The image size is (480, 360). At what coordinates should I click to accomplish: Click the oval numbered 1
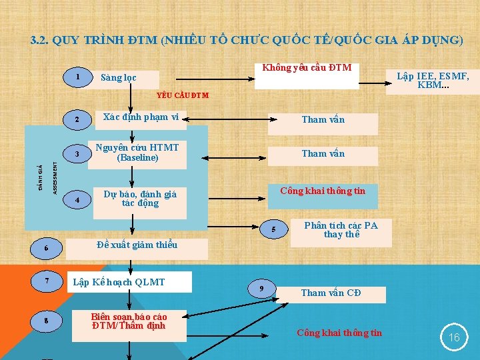click(x=78, y=77)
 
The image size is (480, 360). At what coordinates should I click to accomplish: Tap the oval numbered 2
click(x=78, y=120)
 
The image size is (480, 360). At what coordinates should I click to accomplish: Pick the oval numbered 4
click(x=78, y=200)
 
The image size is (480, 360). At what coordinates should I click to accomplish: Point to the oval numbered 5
click(x=273, y=231)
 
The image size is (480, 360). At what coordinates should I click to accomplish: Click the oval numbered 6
click(x=46, y=249)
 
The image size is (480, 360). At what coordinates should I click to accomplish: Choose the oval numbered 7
click(x=47, y=281)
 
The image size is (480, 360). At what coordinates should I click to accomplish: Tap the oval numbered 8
click(x=46, y=321)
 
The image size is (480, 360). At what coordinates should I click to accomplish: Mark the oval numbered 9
click(x=261, y=288)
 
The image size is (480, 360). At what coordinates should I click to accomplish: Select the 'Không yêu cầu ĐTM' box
click(x=307, y=75)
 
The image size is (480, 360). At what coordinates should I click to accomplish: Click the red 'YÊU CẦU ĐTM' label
click(x=182, y=95)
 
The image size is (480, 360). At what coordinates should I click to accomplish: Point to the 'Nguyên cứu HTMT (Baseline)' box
click(x=137, y=153)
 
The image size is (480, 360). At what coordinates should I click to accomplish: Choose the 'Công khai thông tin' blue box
click(x=323, y=195)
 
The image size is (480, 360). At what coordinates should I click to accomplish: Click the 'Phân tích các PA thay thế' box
click(x=341, y=231)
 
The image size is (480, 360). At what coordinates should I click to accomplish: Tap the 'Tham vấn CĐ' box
click(x=331, y=293)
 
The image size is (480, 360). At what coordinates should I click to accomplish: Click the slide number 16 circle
click(x=454, y=337)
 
